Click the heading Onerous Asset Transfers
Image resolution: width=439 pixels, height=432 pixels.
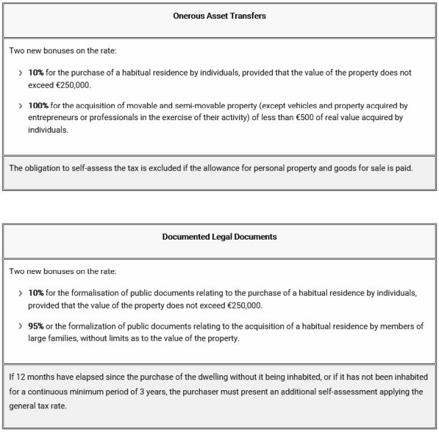(x=219, y=16)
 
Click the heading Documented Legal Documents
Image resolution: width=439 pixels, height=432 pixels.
(x=219, y=237)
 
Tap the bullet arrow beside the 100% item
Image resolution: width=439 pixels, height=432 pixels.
(x=20, y=106)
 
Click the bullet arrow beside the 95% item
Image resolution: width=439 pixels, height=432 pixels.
(x=20, y=327)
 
